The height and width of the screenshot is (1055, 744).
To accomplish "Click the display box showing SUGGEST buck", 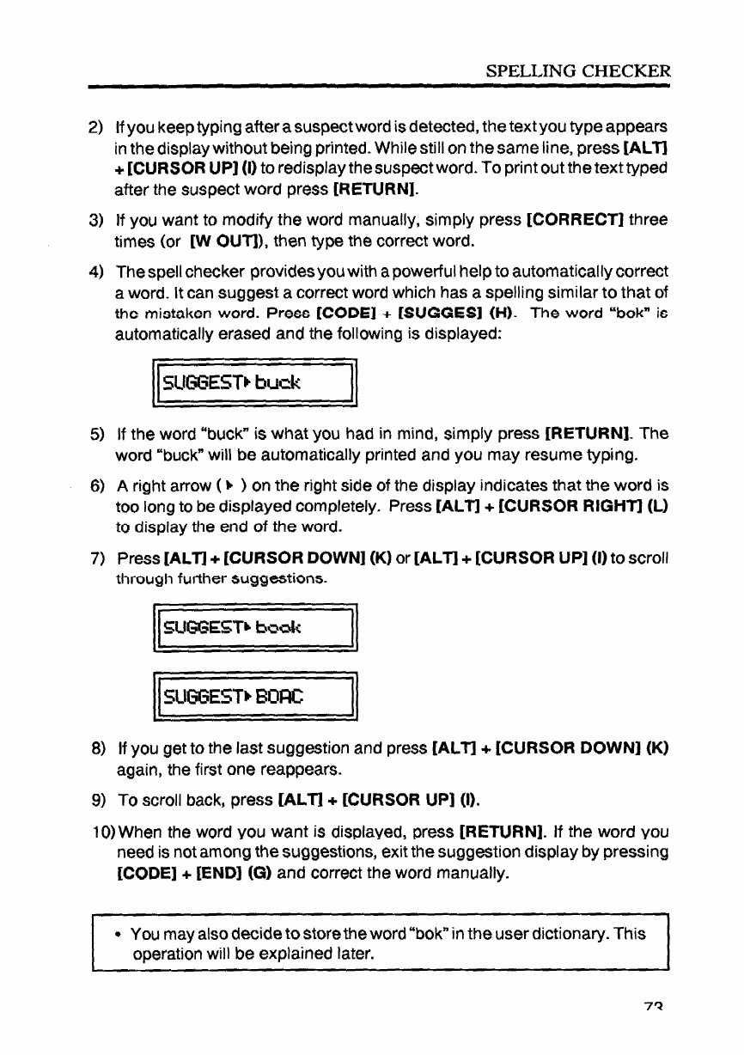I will pyautogui.click(x=254, y=378).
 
